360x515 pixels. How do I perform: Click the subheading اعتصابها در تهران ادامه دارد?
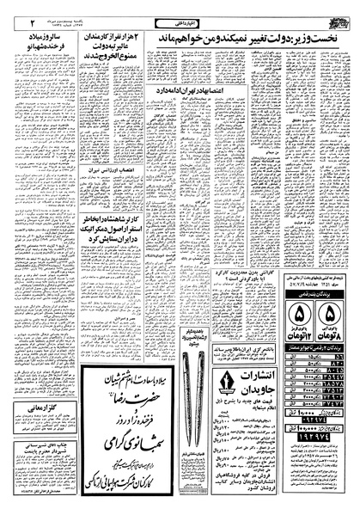(198, 89)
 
